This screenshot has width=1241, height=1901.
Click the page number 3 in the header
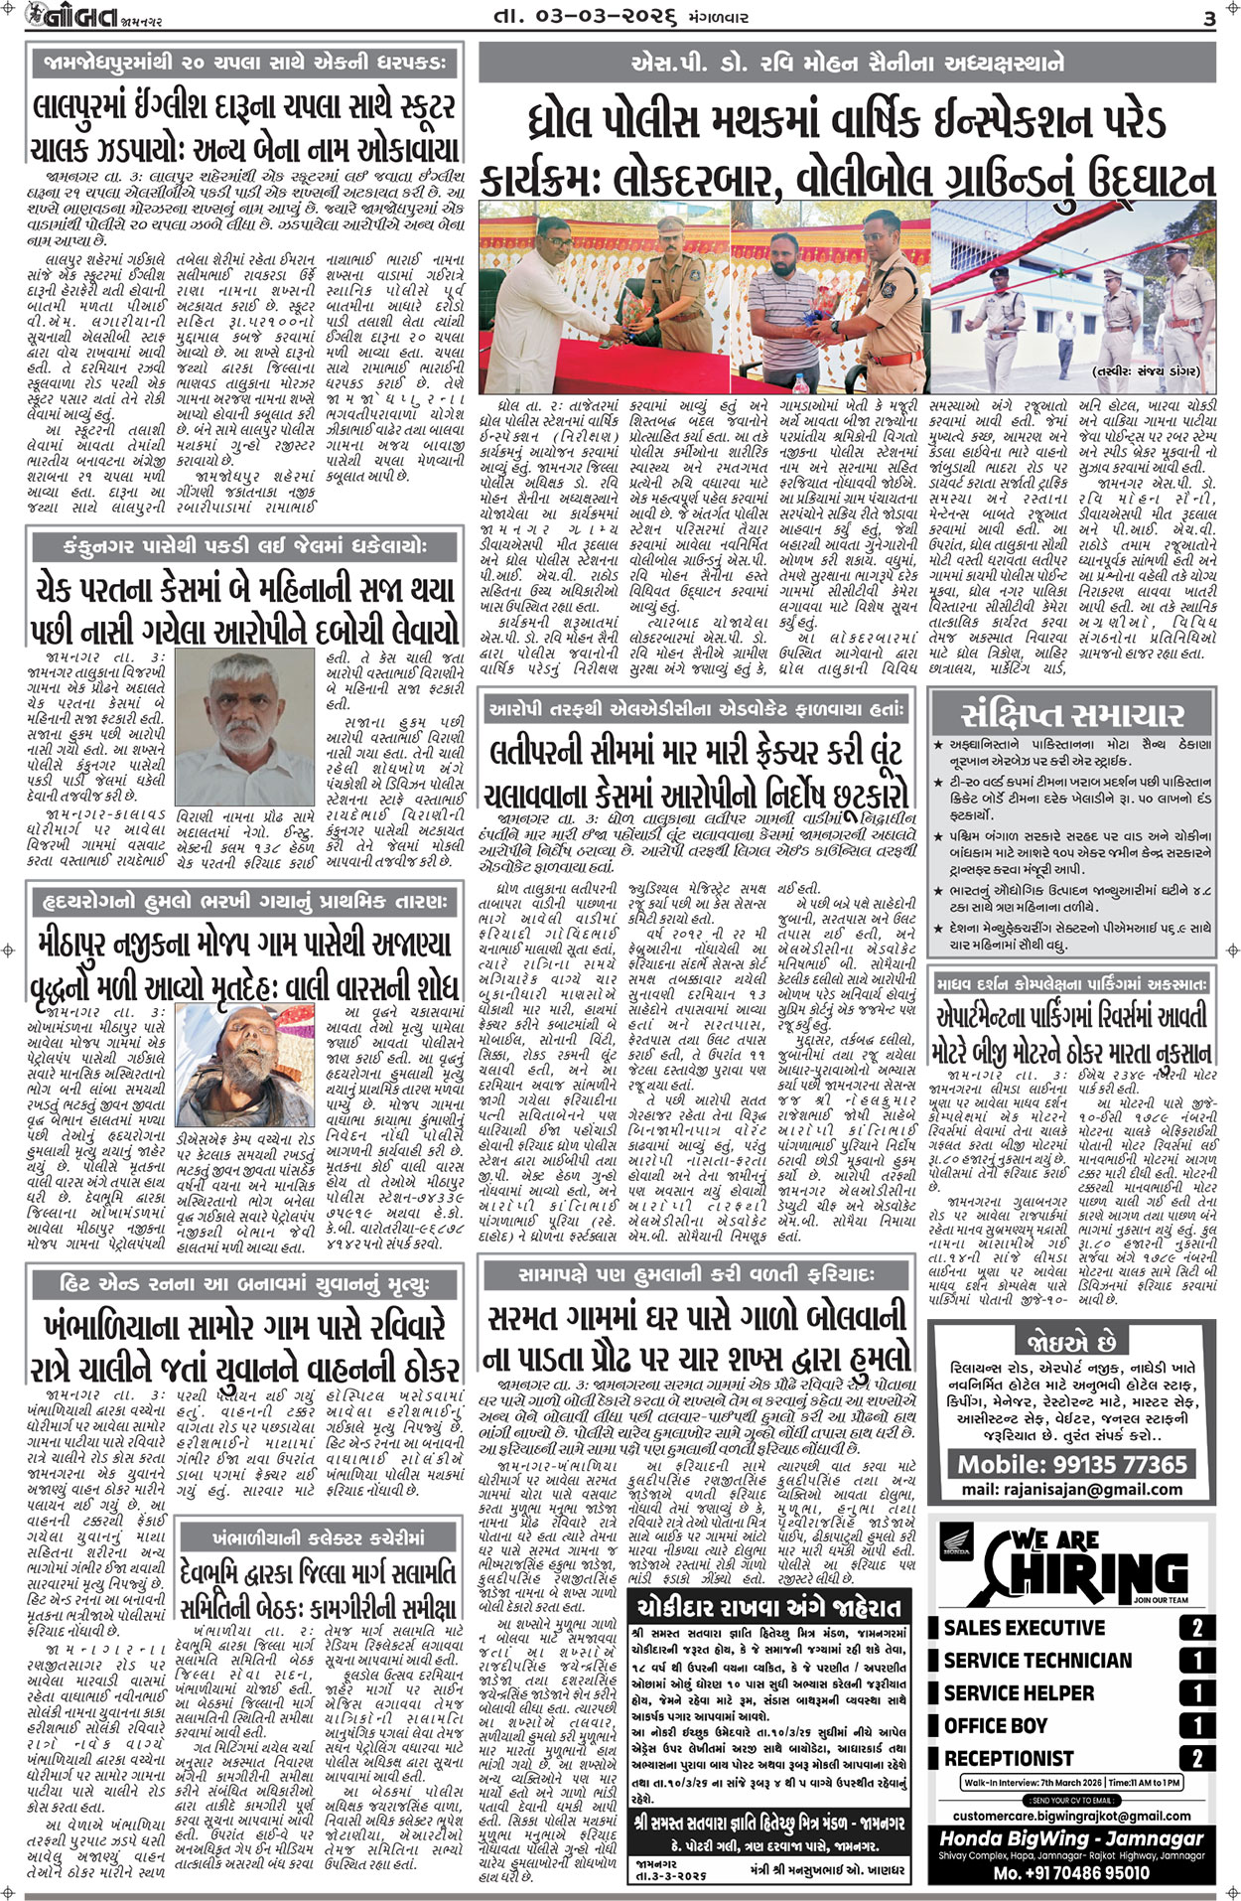1209,18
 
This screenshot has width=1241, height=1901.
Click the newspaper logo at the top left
62,18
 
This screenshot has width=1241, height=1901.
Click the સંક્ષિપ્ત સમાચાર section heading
1072,715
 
